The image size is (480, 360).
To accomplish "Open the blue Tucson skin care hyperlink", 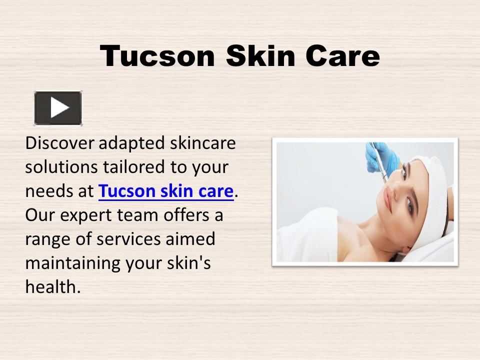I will (166, 191).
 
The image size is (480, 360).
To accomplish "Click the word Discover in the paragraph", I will (60, 143).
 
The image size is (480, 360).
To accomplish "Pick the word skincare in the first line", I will (202, 143).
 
